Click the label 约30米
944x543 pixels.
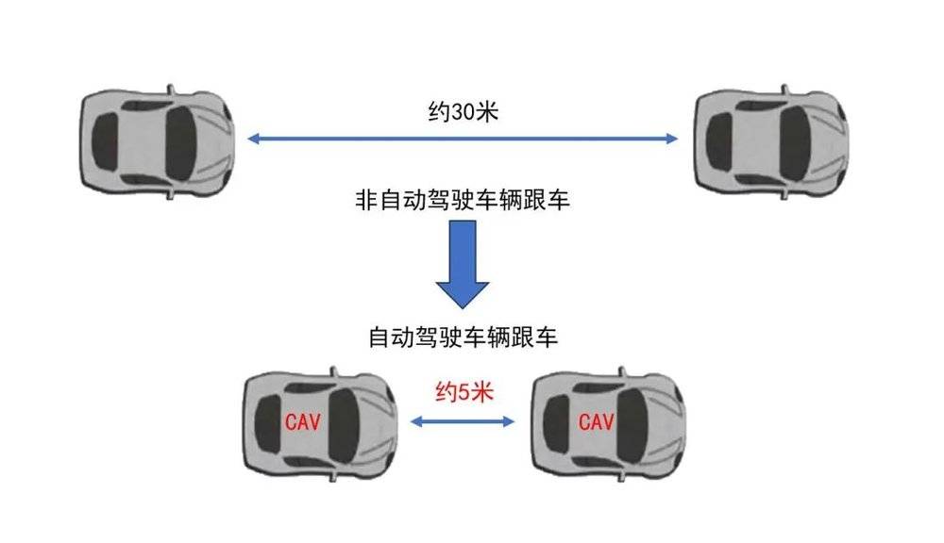click(x=463, y=112)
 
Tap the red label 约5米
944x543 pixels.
click(x=464, y=393)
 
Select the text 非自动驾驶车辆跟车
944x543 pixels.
click(x=463, y=200)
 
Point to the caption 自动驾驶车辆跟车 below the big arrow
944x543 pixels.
click(x=463, y=337)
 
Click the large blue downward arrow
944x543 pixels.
click(x=463, y=264)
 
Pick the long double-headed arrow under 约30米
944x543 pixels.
click(x=463, y=139)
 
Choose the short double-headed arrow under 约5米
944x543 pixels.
click(x=463, y=421)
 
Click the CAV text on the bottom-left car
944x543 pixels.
click(x=302, y=421)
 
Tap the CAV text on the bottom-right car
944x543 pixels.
click(x=596, y=421)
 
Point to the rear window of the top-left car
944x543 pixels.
click(x=104, y=142)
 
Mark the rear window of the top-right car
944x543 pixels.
click(x=718, y=142)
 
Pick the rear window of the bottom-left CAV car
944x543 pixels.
click(x=267, y=424)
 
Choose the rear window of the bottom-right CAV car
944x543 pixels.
click(x=556, y=424)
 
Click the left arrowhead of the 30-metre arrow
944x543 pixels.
click(x=253, y=139)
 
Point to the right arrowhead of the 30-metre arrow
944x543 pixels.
click(x=672, y=139)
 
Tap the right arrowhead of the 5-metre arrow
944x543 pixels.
click(x=510, y=421)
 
